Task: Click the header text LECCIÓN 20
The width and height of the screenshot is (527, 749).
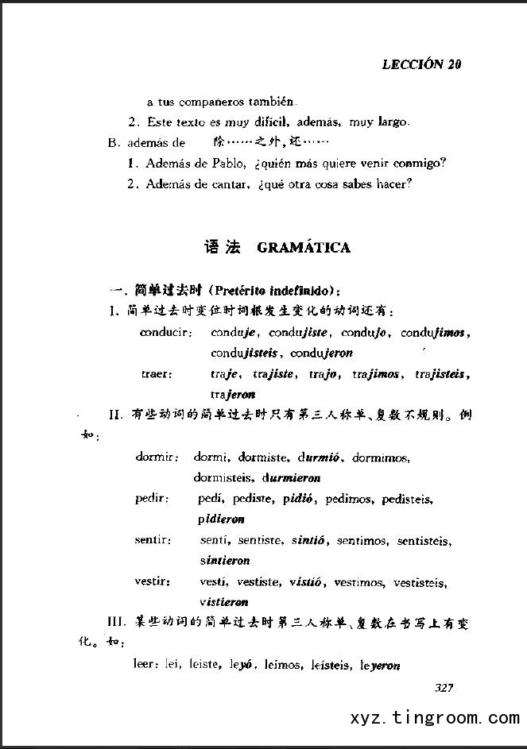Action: pos(421,64)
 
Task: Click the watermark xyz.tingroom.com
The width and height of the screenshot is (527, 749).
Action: pos(434,719)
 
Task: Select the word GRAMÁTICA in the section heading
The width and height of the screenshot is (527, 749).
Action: pos(304,248)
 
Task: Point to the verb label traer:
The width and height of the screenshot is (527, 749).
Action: pos(157,373)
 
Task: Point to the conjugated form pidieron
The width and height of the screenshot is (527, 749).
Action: pos(223,519)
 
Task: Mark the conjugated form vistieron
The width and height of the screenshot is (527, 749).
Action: pos(224,602)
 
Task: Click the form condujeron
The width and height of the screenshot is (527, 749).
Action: pos(322,353)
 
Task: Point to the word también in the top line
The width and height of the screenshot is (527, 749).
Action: pos(275,102)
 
